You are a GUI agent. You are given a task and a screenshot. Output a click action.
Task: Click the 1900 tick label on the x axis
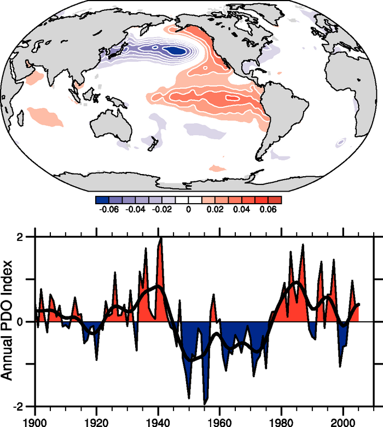(35, 422)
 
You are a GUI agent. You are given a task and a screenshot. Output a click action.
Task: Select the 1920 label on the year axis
(96, 422)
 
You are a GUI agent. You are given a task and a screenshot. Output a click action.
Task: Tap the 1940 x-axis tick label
(158, 422)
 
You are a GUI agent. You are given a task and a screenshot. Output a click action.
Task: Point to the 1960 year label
(220, 422)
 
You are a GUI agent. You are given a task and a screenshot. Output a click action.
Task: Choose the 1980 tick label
(282, 422)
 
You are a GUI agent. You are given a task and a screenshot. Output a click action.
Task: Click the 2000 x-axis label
(343, 422)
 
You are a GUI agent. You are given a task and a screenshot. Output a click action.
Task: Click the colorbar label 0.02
(215, 210)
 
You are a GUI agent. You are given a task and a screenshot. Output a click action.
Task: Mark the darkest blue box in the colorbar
(102, 200)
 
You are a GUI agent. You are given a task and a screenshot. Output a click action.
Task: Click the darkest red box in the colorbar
(275, 200)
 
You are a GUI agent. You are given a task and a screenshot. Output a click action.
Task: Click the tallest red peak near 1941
(161, 241)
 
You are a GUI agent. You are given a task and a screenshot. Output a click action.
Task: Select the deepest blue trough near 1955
(205, 402)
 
